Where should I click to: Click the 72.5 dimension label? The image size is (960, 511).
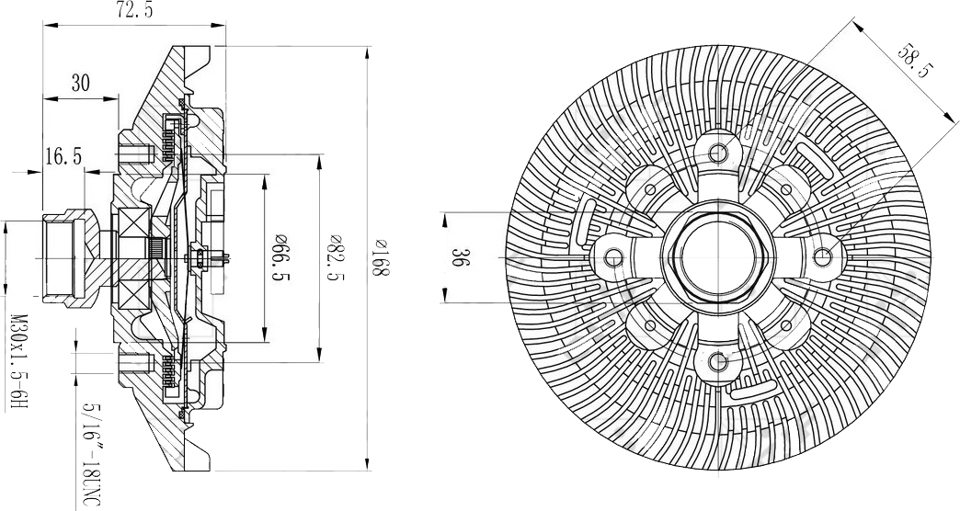(134, 11)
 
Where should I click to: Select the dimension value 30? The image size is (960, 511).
(80, 83)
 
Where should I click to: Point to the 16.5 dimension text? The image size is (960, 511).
(63, 156)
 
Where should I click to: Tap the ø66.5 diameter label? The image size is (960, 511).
(282, 257)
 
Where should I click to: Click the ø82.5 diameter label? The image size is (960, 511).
(337, 257)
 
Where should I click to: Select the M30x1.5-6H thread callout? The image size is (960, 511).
(20, 362)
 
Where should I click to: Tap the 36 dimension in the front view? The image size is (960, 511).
(461, 257)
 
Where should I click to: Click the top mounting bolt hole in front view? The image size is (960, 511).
(718, 151)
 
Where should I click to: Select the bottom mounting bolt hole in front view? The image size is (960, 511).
(718, 362)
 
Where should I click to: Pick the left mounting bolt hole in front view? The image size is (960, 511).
(613, 257)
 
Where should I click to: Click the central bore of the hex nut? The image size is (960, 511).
(718, 257)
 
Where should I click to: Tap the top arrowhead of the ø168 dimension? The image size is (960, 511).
(366, 53)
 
